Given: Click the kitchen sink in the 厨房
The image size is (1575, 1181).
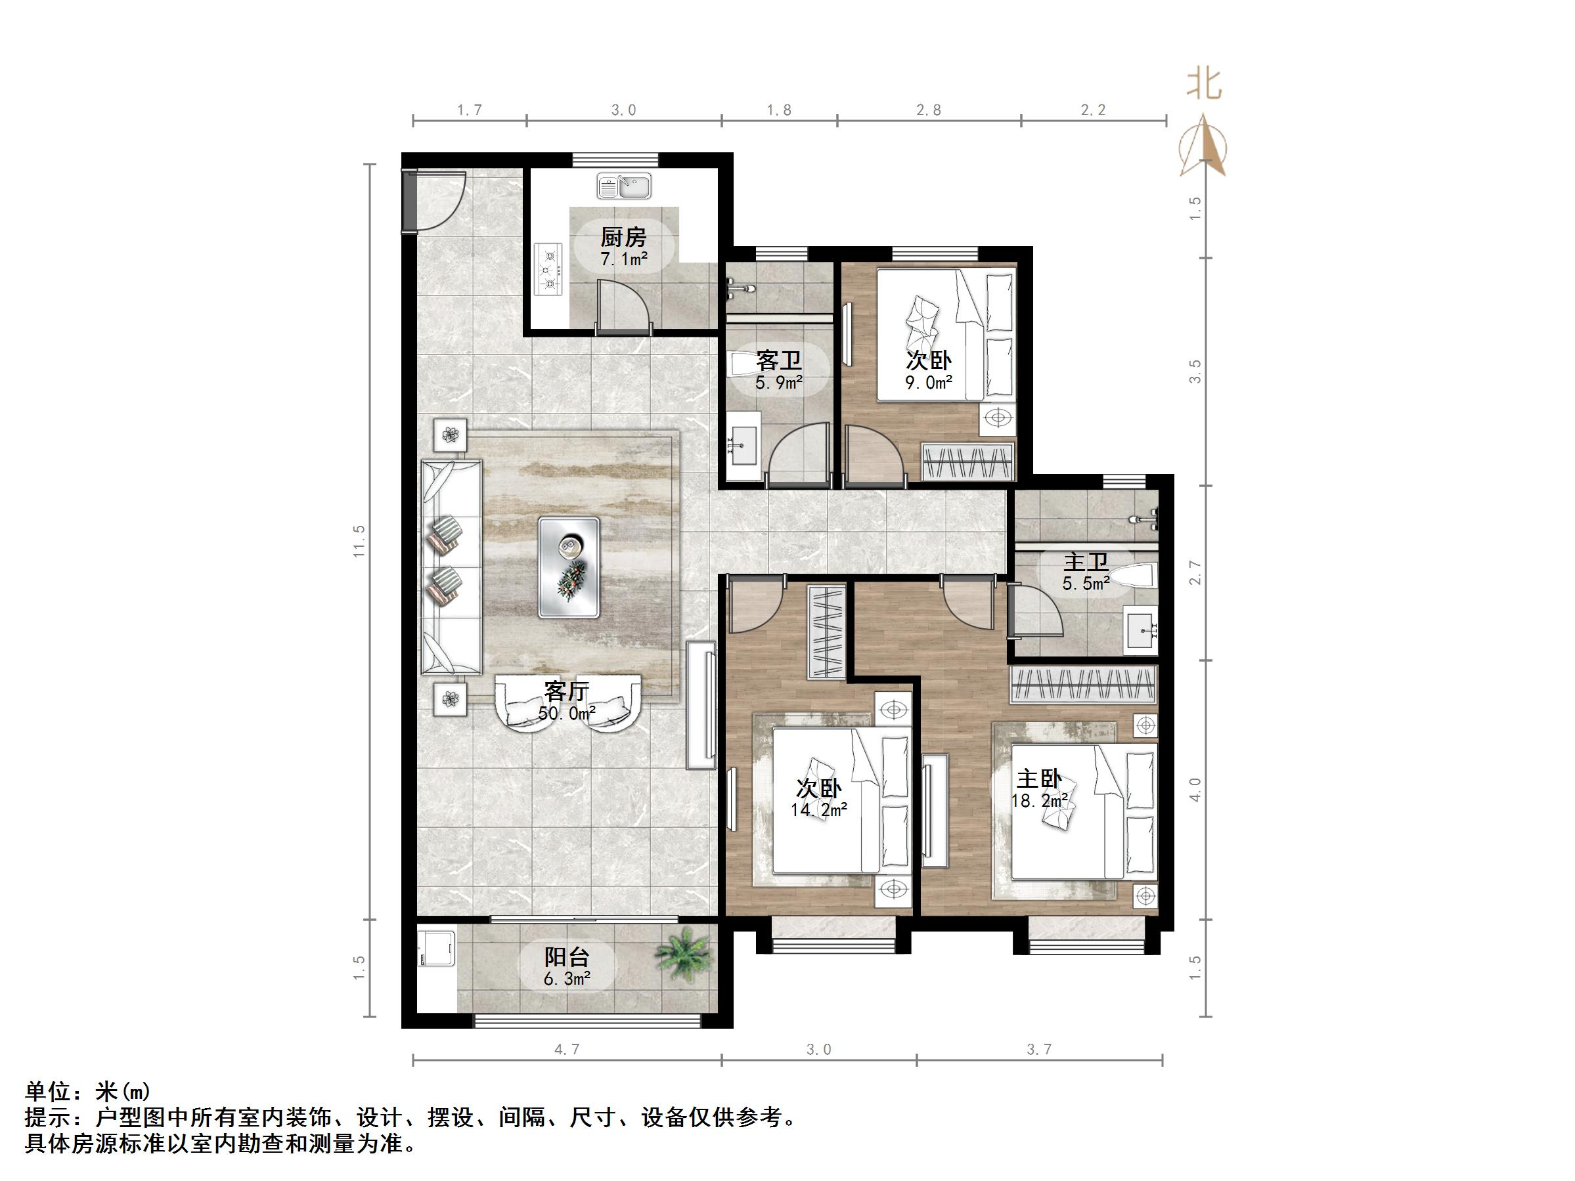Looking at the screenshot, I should pos(624,186).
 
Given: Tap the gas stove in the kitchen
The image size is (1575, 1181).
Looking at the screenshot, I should pos(548,270).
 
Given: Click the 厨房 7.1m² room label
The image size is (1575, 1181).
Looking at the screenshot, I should pos(623,246).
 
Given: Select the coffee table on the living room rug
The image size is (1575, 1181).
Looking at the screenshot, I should pos(568,567).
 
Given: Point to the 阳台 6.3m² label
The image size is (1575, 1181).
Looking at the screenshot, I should pos(567,966).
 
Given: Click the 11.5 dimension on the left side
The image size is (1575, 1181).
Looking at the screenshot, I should pos(359,541).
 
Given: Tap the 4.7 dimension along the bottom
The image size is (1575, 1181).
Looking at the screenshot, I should pos(567,1049).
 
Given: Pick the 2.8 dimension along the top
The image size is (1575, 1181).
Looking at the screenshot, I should pos(929,110).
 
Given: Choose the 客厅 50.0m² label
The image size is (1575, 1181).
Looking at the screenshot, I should pos(567,701).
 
